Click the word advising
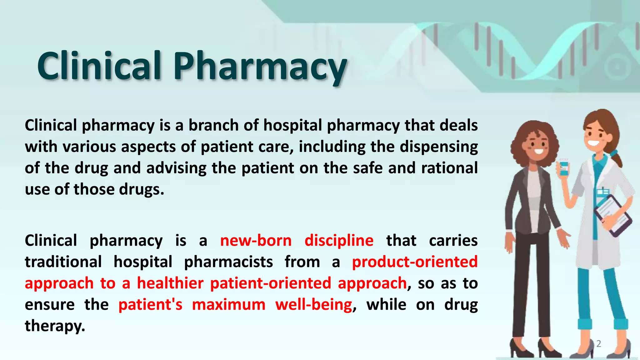coord(176,168)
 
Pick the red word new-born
coord(256,241)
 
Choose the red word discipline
coord(339,241)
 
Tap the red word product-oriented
coord(415,262)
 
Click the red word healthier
coord(170,283)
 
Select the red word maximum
coord(228,305)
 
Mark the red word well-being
coord(314,305)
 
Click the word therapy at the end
coord(55,326)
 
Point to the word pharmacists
coord(228,262)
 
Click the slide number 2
coord(598,344)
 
